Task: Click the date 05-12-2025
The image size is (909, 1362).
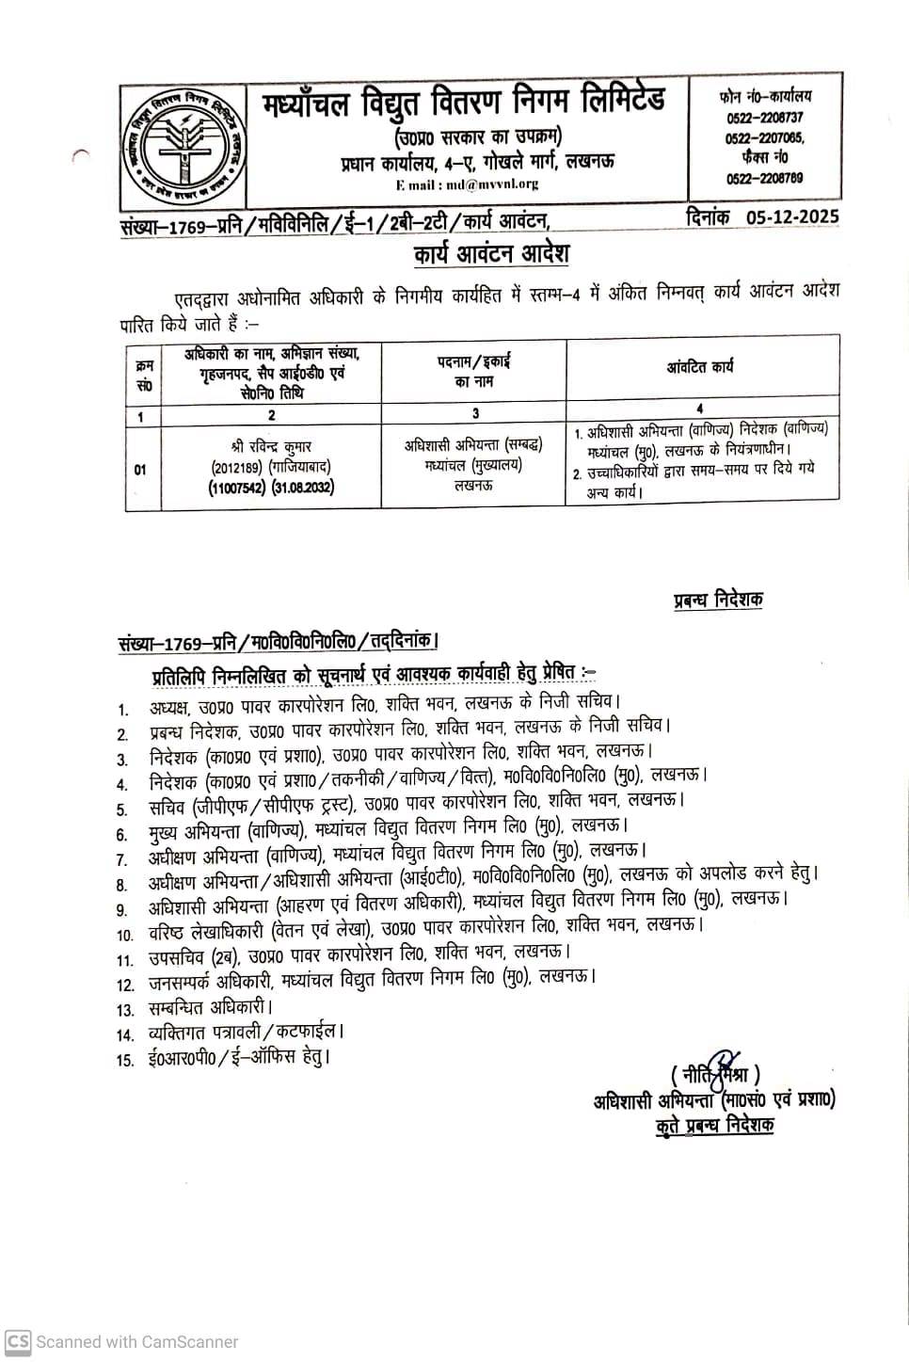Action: pyautogui.click(x=793, y=216)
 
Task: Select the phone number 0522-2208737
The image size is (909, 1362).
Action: pyautogui.click(x=764, y=118)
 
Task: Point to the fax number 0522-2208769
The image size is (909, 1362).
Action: pyautogui.click(x=764, y=177)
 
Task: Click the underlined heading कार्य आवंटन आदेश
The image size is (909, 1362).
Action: pyautogui.click(x=490, y=255)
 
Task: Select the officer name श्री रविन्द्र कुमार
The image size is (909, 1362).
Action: pyautogui.click(x=271, y=445)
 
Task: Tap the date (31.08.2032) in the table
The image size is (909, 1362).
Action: pyautogui.click(x=303, y=487)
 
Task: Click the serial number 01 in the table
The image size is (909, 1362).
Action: pyautogui.click(x=140, y=469)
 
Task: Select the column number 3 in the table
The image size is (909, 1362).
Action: pyautogui.click(x=475, y=413)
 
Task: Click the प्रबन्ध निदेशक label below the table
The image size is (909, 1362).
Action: pyautogui.click(x=717, y=600)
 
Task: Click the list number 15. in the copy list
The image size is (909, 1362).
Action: pyautogui.click(x=125, y=1060)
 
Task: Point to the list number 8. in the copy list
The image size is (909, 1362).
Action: pyautogui.click(x=121, y=885)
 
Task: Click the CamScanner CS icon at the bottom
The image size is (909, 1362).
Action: pyautogui.click(x=18, y=1341)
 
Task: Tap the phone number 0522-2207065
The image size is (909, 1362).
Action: pyautogui.click(x=764, y=137)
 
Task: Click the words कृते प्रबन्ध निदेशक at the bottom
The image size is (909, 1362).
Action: pyautogui.click(x=715, y=1125)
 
